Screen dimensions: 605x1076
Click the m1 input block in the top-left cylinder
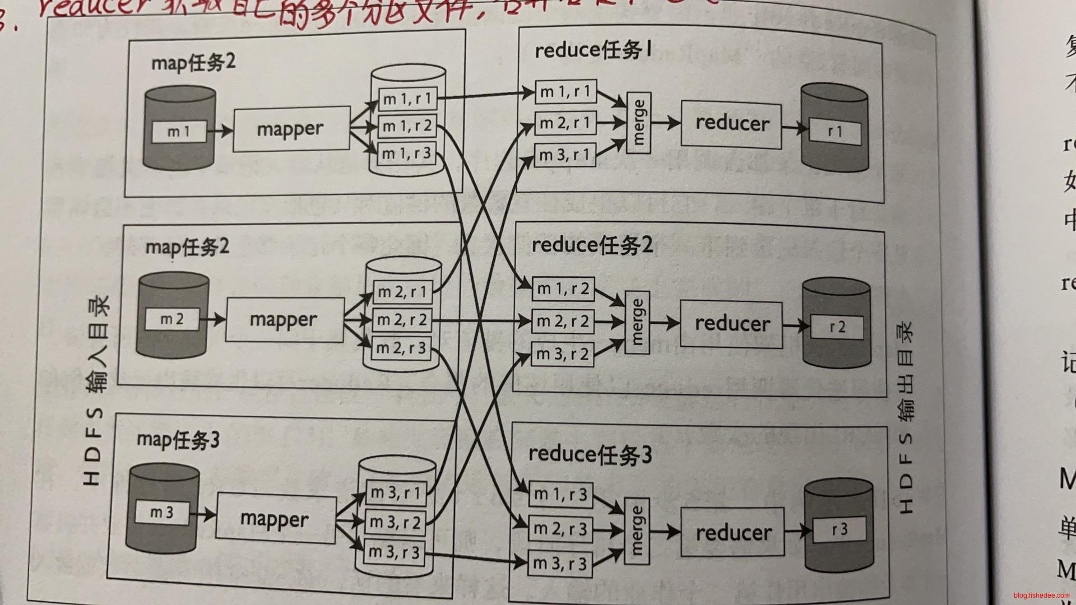pos(179,132)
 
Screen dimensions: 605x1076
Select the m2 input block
pos(172,319)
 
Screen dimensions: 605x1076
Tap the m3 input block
pos(162,512)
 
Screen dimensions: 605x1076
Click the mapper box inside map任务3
pos(275,518)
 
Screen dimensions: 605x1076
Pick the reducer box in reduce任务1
pos(731,124)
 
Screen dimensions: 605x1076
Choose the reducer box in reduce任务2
pos(731,324)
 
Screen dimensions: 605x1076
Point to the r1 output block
pos(834,131)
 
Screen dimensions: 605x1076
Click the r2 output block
pos(837,327)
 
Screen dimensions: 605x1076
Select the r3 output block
pos(839,529)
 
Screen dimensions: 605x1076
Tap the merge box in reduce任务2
pos(637,322)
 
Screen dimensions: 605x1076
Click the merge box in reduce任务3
pos(636,530)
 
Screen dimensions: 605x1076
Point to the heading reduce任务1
pos(593,50)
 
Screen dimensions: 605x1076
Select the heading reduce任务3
pos(590,454)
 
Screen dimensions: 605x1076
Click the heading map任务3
pos(178,440)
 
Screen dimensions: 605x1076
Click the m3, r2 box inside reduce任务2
pos(562,354)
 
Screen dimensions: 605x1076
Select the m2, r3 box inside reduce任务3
pos(560,528)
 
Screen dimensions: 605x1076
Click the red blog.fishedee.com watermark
pos(1041,595)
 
